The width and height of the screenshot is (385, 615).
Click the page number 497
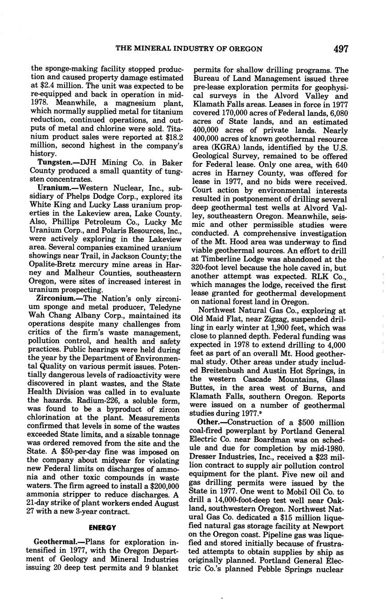(x=340, y=49)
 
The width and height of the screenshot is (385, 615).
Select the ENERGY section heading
(x=102, y=528)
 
